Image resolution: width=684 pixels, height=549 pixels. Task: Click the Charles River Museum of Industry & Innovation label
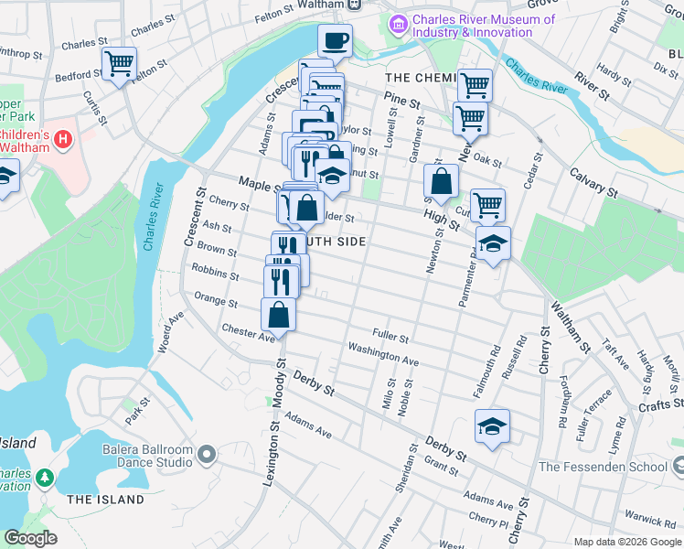tap(484, 26)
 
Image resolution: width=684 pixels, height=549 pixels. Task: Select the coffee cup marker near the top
tap(335, 41)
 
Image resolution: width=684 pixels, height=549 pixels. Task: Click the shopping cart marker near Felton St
tap(119, 64)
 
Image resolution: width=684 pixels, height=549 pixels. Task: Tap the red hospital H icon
tap(63, 140)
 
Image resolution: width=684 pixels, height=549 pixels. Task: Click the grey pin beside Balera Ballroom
tap(207, 454)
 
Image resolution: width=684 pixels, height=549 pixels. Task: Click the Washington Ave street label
tap(383, 355)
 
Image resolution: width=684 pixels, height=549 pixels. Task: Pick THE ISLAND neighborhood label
tap(106, 500)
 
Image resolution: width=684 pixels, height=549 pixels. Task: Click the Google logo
tap(31, 539)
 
